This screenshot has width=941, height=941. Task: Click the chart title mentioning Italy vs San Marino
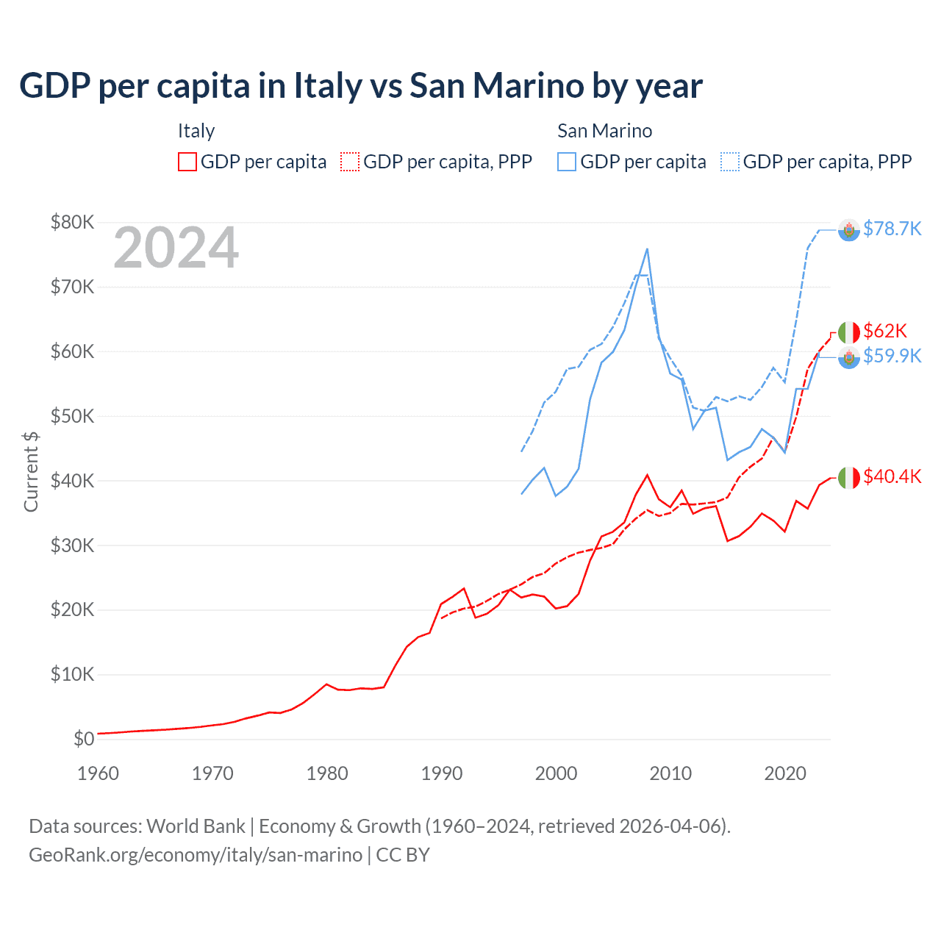360,86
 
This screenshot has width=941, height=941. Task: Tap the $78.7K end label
892,229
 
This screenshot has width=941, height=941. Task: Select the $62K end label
885,331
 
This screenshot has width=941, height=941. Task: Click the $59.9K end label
892,356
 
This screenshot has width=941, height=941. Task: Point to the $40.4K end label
892,476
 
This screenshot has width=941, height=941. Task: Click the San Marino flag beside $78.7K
849,230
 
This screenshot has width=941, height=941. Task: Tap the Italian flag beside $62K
849,332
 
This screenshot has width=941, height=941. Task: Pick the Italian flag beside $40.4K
849,478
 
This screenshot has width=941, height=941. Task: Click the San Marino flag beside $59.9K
849,358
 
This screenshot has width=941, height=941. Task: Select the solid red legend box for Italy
187,162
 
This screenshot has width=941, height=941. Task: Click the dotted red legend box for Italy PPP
350,162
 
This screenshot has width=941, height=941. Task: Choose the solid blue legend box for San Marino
567,162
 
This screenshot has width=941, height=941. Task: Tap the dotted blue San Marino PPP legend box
730,162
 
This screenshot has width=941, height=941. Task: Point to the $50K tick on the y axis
72,416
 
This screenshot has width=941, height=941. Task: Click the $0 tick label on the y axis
83,739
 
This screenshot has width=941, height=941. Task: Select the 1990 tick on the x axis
442,773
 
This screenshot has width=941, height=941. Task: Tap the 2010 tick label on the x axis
670,773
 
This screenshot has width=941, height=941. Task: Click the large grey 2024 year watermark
176,248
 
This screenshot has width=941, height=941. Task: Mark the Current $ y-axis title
31,471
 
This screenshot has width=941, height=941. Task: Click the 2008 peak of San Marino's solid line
647,249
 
